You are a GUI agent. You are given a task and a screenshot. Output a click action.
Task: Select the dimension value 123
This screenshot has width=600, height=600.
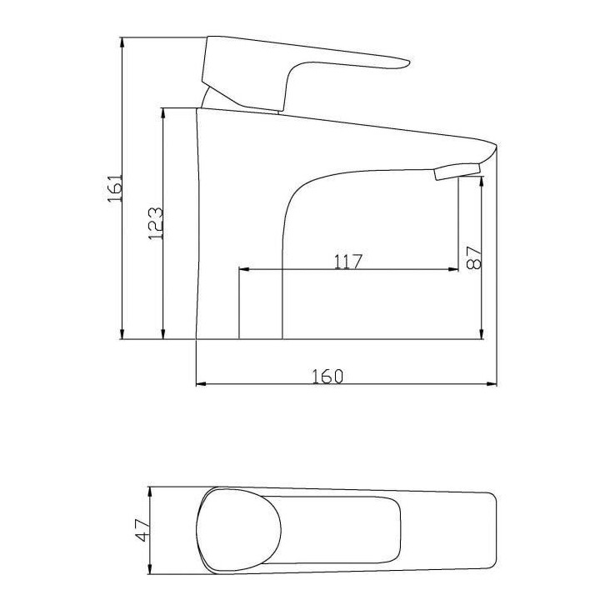[155, 222]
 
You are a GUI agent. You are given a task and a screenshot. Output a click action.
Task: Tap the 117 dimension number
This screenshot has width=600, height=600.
[347, 261]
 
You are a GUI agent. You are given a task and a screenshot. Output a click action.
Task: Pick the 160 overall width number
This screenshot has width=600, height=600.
[327, 376]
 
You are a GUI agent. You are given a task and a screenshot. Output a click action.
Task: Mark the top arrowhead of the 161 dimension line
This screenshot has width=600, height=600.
[123, 40]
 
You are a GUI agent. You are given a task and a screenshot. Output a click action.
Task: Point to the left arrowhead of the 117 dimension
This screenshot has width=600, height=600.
[244, 269]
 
